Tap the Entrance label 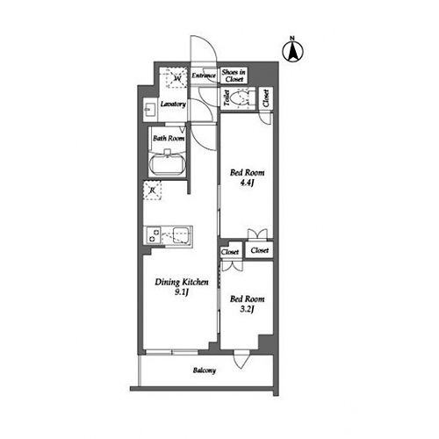(204, 76)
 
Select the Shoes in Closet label (233, 76)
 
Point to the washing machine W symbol (176, 79)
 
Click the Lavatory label (172, 104)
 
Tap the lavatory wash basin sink (148, 111)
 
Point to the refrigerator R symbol (153, 190)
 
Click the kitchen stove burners (154, 235)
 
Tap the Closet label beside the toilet (265, 97)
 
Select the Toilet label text (226, 97)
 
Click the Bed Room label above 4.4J (246, 173)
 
